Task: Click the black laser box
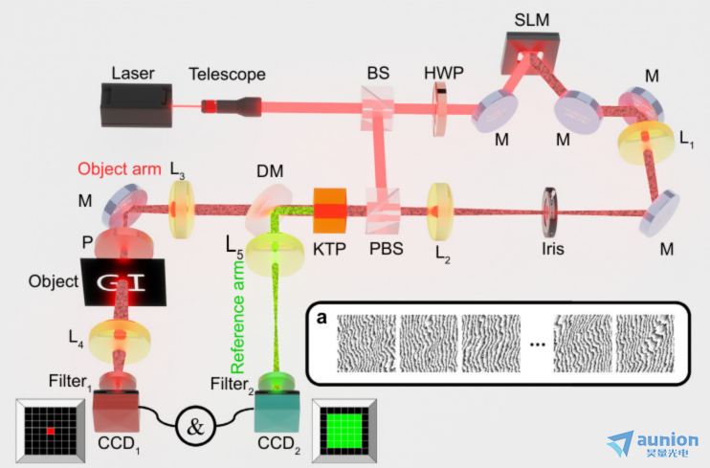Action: pyautogui.click(x=136, y=105)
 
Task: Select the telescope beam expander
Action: pyautogui.click(x=232, y=106)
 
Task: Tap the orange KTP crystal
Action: pyautogui.click(x=330, y=211)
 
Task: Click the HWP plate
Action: pyautogui.click(x=439, y=109)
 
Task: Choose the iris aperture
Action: pyautogui.click(x=549, y=212)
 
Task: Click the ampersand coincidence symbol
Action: pyautogui.click(x=195, y=426)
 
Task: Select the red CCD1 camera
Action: pyautogui.click(x=116, y=411)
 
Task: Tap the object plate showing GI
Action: pyautogui.click(x=123, y=281)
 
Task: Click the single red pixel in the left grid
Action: pyautogui.click(x=51, y=431)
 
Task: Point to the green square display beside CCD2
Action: pyautogui.click(x=344, y=431)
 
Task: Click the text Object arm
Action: pyautogui.click(x=120, y=169)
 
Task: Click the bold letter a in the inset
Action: pyautogui.click(x=322, y=318)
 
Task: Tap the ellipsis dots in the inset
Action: pyautogui.click(x=537, y=345)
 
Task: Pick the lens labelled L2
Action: pyautogui.click(x=439, y=212)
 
